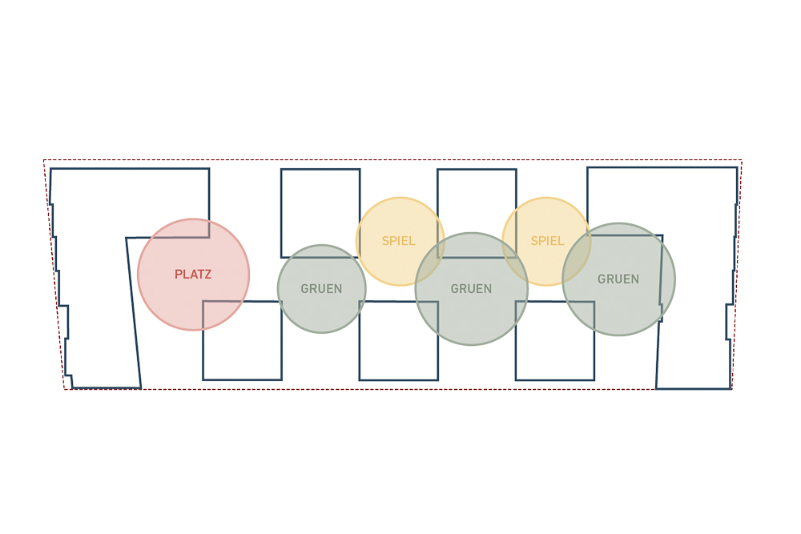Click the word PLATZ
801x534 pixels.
coord(193,274)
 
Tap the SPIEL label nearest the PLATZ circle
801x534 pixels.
coord(398,241)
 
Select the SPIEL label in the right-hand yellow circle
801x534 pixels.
coord(547,241)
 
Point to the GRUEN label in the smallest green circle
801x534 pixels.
coord(321,289)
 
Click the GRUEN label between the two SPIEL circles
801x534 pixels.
coord(471,289)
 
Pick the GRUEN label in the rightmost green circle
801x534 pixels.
coord(618,279)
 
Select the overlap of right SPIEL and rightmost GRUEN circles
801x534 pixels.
coord(577,256)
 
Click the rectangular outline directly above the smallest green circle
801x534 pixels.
coord(281,214)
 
